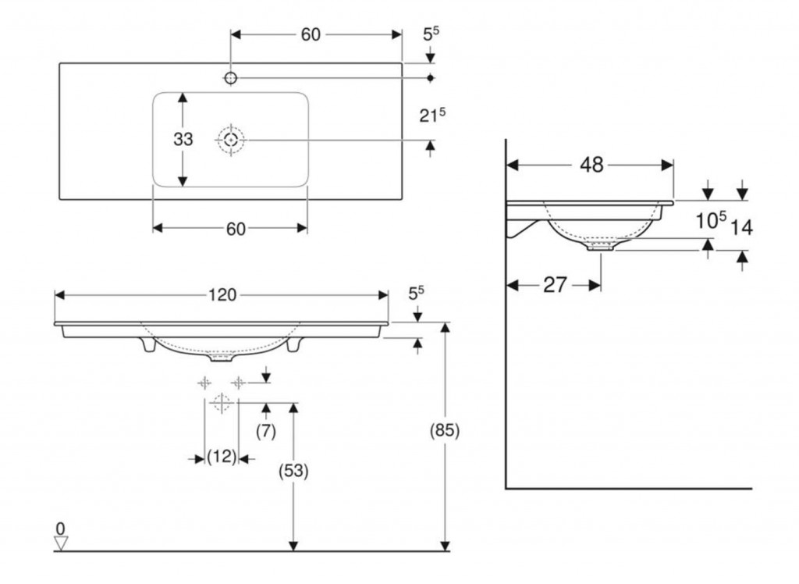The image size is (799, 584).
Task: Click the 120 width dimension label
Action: [x=222, y=295]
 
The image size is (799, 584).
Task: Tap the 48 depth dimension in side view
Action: [x=591, y=165]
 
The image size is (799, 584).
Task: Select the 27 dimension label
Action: [x=555, y=285]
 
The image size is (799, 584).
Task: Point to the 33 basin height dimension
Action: [x=183, y=139]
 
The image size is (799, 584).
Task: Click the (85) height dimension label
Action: [x=445, y=430]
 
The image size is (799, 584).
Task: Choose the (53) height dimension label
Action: [x=293, y=471]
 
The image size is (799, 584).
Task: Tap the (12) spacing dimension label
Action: [x=222, y=457]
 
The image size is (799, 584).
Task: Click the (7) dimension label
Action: [x=265, y=432]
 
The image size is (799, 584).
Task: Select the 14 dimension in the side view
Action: [x=741, y=227]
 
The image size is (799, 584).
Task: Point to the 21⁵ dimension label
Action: [x=432, y=115]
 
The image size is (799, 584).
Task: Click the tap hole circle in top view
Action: [x=231, y=78]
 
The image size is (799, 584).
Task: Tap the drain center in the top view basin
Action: [x=231, y=139]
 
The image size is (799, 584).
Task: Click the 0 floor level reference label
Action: [x=60, y=529]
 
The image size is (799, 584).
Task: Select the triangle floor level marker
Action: [x=61, y=543]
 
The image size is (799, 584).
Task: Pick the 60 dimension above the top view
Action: [x=311, y=34]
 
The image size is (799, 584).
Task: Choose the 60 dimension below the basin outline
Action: [x=236, y=229]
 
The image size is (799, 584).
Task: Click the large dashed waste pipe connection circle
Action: [x=221, y=403]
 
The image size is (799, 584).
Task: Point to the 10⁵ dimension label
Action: [x=711, y=220]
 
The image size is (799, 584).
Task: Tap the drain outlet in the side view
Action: [x=601, y=247]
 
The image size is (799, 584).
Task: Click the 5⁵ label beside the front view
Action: [x=417, y=293]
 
